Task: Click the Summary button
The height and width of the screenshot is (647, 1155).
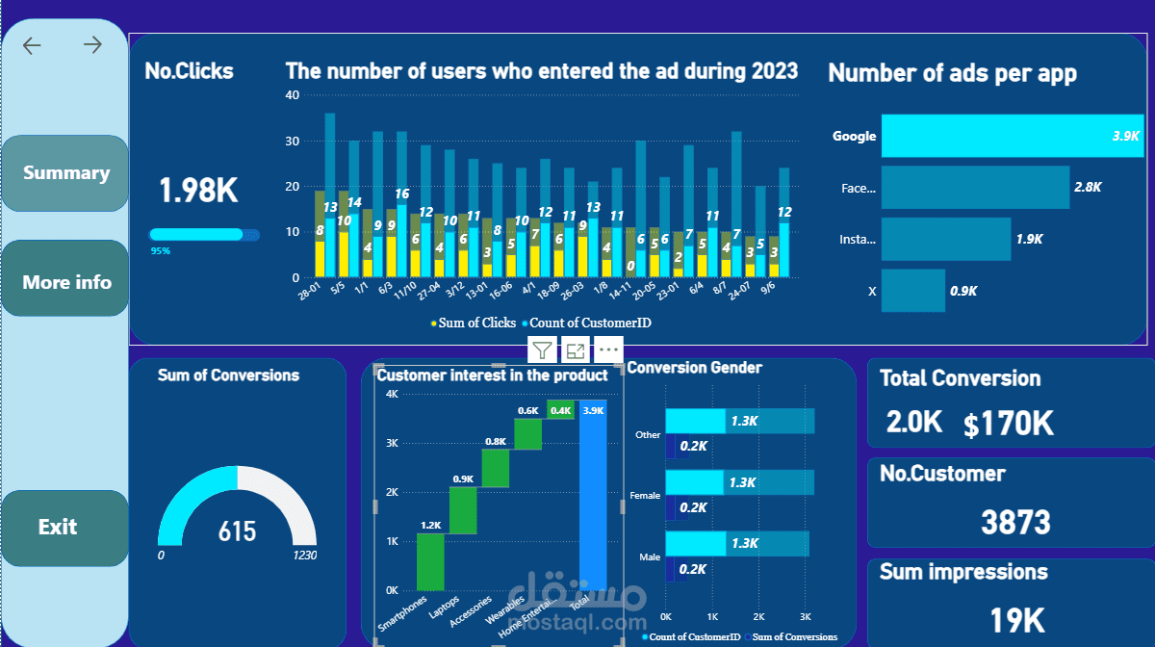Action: [65, 173]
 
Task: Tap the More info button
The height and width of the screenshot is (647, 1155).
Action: [66, 282]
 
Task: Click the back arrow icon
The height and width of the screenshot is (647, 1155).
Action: [33, 45]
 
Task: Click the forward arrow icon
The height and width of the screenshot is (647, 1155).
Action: [92, 45]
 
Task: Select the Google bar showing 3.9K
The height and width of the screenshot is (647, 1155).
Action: [1011, 136]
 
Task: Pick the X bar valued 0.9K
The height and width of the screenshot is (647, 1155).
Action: [913, 290]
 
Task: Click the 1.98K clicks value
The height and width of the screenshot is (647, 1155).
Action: [198, 190]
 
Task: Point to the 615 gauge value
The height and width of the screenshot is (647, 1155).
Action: [237, 531]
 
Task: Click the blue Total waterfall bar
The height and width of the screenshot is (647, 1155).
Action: [593, 495]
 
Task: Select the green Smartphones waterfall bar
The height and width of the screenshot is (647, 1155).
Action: [430, 561]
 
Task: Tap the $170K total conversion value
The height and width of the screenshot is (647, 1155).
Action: [1009, 423]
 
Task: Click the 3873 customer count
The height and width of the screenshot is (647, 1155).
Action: [1015, 522]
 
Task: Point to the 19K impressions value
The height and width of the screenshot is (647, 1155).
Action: [1018, 620]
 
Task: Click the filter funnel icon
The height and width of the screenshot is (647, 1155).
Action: [543, 350]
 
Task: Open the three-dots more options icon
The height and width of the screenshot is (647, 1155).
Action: [609, 350]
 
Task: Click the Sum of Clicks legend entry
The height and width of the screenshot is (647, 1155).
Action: [475, 323]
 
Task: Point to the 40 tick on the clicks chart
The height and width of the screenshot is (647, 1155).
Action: [293, 95]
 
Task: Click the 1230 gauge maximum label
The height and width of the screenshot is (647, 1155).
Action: [305, 556]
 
